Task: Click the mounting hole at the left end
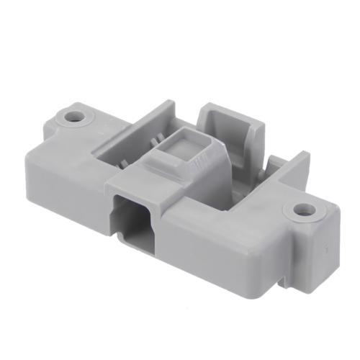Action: tap(73, 115)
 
